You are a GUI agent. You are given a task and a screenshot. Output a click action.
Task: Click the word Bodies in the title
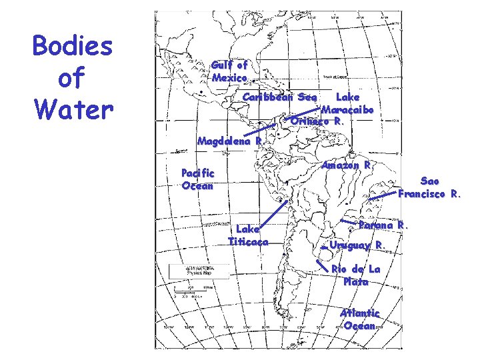(x=73, y=48)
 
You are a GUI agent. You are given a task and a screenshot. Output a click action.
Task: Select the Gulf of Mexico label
(x=229, y=71)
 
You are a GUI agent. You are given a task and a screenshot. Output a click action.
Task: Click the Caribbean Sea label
(x=279, y=97)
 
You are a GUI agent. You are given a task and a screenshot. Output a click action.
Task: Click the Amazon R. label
(x=347, y=165)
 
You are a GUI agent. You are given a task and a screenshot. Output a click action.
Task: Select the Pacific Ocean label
(x=198, y=179)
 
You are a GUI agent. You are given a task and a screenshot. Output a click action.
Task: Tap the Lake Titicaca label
(x=248, y=235)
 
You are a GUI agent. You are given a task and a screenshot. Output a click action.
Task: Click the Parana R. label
(x=382, y=225)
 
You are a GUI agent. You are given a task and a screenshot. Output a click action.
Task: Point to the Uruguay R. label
(x=357, y=245)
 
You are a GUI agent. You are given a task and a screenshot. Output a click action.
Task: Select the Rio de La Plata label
(x=356, y=275)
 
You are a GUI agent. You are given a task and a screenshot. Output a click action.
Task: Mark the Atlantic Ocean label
(x=360, y=319)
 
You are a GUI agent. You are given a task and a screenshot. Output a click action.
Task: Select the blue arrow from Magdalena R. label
(x=264, y=131)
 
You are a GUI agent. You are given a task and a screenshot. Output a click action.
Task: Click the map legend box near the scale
(x=190, y=273)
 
